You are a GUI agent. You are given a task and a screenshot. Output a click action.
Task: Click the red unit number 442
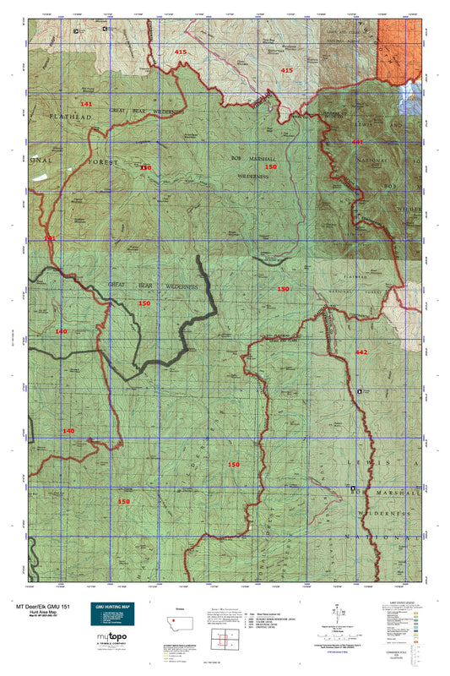(361, 352)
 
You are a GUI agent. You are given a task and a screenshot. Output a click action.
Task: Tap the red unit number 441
(357, 142)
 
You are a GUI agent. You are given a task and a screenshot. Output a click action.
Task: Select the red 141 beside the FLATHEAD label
(85, 103)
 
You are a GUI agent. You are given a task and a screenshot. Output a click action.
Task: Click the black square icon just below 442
(361, 392)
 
